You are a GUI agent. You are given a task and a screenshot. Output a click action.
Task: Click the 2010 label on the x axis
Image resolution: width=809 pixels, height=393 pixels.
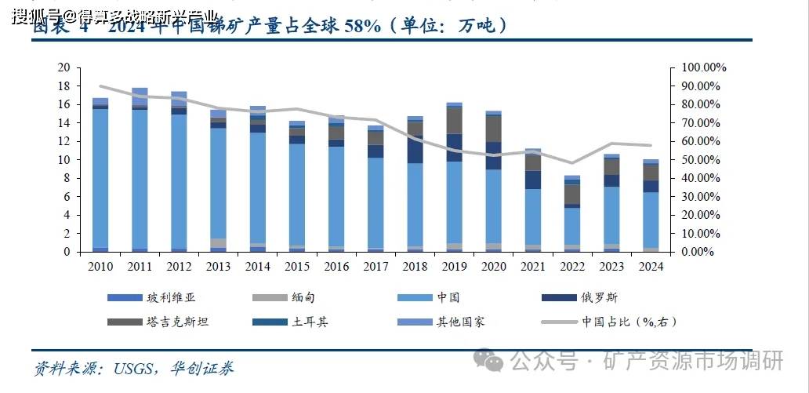[100, 267]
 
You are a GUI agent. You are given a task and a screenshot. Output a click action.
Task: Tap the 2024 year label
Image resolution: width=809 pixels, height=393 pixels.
[651, 267]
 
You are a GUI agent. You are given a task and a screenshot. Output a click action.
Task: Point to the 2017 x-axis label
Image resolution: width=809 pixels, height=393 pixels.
[375, 267]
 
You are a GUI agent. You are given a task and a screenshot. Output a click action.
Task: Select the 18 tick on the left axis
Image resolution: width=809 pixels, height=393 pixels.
[65, 86]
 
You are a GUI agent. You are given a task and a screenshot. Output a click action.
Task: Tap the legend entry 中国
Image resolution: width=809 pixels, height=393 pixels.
[448, 297]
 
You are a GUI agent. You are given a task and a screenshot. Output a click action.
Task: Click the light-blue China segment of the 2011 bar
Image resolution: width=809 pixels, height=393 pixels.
[140, 180]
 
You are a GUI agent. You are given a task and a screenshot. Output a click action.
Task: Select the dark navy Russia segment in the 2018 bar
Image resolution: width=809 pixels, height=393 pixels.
[415, 149]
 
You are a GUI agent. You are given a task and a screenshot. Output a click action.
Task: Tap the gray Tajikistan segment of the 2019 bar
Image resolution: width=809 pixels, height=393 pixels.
[454, 120]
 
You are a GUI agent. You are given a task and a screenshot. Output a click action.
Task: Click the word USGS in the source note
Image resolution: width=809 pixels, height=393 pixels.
[130, 367]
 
